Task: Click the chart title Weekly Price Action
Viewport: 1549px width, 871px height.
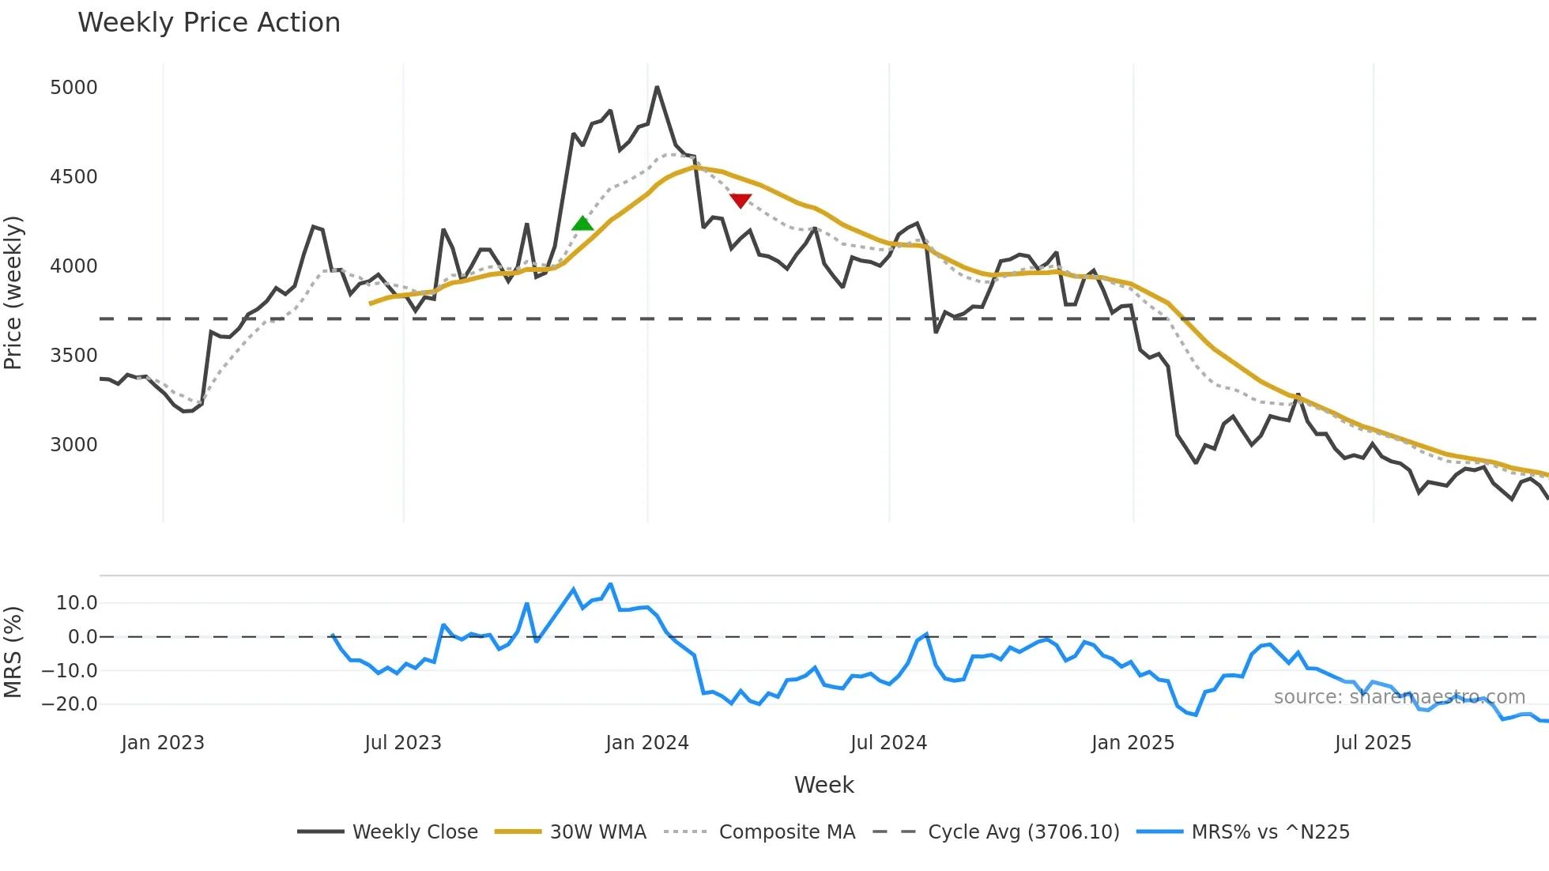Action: pos(209,23)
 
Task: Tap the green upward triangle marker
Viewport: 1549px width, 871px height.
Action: pos(582,224)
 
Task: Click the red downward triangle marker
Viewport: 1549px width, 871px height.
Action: pos(741,201)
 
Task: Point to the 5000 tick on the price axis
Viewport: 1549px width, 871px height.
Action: pos(73,88)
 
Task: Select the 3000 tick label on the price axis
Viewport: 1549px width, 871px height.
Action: pos(73,445)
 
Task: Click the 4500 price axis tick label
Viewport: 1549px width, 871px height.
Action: pos(73,177)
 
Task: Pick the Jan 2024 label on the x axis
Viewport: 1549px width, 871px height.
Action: pos(647,743)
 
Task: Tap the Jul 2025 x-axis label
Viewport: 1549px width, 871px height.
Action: pos(1373,743)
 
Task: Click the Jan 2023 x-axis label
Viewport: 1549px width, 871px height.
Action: pos(163,743)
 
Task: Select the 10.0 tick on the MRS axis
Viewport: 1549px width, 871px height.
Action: pos(77,603)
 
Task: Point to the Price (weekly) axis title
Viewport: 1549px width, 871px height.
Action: pos(13,292)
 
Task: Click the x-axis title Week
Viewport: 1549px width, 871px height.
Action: pos(823,785)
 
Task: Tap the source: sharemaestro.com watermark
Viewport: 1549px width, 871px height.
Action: pos(1399,697)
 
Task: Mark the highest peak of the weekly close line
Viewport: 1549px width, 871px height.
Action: pos(657,88)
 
